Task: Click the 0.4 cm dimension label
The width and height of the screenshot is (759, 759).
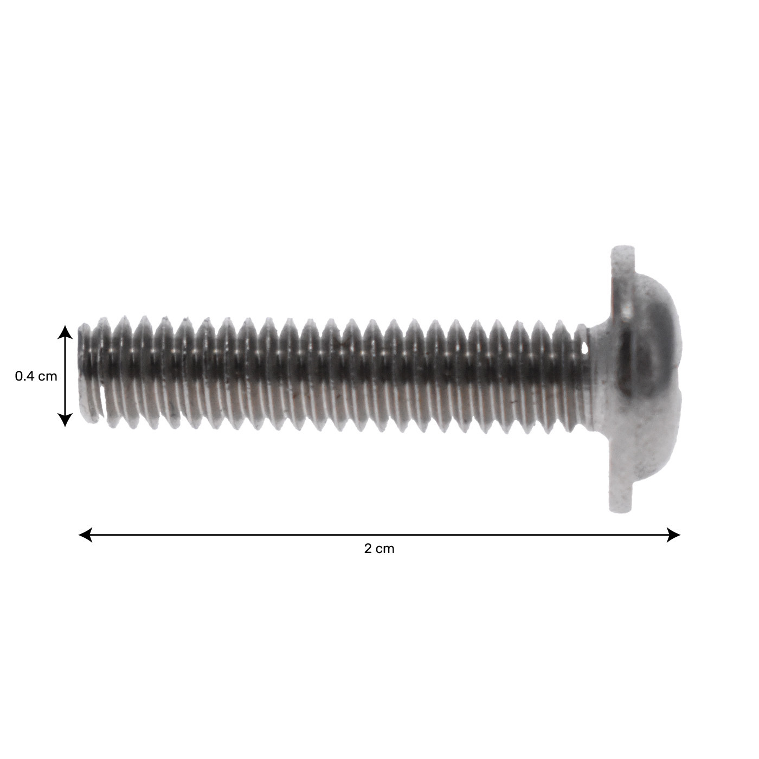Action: click(36, 376)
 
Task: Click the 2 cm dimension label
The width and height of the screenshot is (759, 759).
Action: click(379, 549)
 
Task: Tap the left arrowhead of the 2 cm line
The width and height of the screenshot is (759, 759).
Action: click(85, 535)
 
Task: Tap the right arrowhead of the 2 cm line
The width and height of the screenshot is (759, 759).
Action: click(673, 535)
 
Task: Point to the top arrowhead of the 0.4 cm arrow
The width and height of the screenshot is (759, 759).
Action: click(65, 332)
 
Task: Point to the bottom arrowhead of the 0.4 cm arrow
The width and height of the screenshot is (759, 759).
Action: click(65, 420)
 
